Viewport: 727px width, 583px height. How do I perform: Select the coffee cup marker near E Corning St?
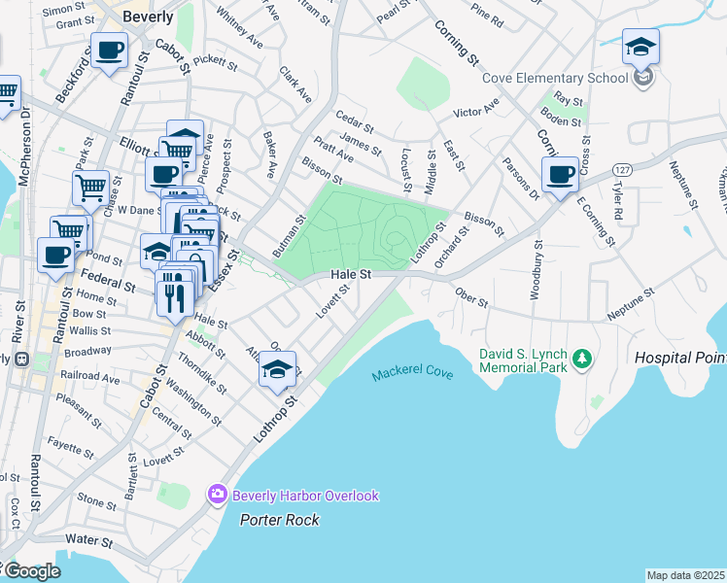[x=560, y=176]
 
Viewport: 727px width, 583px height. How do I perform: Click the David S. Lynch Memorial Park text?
[x=521, y=360]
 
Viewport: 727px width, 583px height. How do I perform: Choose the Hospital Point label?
[x=680, y=358]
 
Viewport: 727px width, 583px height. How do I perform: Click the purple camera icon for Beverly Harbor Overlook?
[x=217, y=496]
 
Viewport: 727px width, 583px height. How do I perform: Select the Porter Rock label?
[x=280, y=520]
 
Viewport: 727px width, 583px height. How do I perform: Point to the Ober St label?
[x=471, y=299]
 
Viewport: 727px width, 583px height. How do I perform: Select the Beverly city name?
[x=148, y=17]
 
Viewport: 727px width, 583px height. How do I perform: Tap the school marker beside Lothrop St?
[x=277, y=369]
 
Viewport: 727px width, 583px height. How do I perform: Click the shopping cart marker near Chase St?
[x=90, y=186]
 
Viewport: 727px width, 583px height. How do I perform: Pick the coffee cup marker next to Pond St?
[x=55, y=255]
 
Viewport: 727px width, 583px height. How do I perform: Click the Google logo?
[x=32, y=571]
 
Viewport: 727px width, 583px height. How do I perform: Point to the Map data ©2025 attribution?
[x=686, y=575]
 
